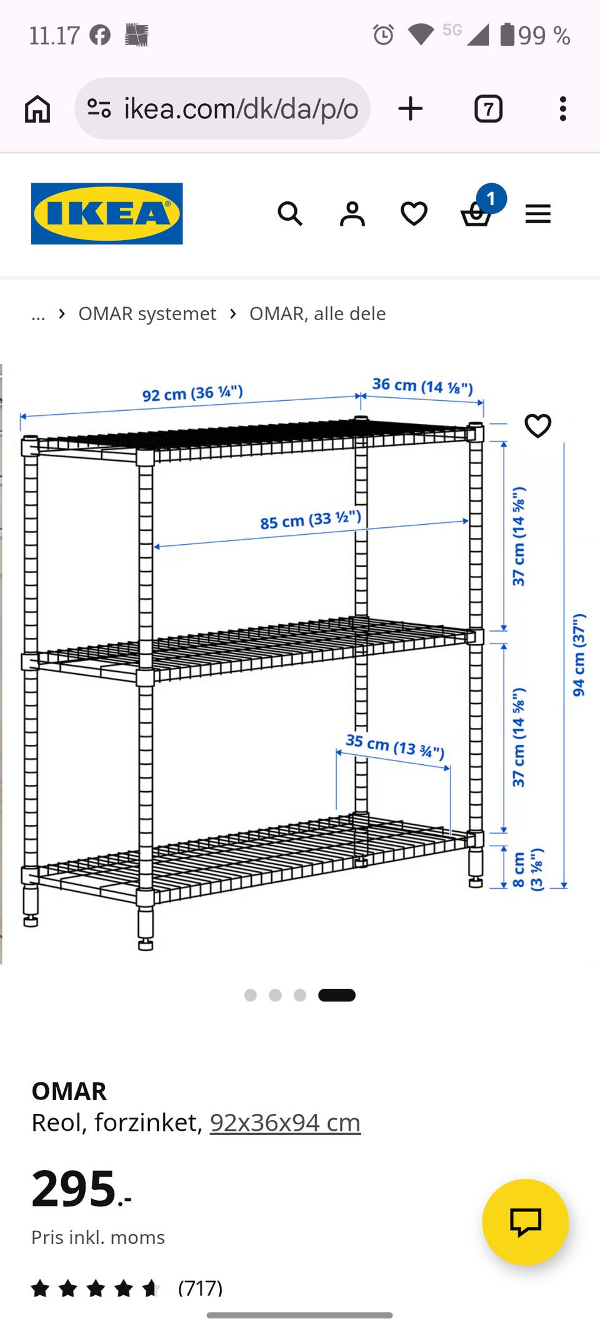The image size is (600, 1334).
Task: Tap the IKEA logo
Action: pyautogui.click(x=107, y=213)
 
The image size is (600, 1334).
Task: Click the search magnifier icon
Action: pyautogui.click(x=290, y=214)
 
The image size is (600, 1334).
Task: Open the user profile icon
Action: pyautogui.click(x=352, y=214)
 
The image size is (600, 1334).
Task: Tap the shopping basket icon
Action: pyautogui.click(x=476, y=215)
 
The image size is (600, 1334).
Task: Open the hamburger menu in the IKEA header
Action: pyautogui.click(x=537, y=214)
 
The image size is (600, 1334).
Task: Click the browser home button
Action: pyautogui.click(x=37, y=109)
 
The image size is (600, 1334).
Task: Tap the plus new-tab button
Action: pyautogui.click(x=411, y=109)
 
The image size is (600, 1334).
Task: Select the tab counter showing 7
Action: pyautogui.click(x=489, y=109)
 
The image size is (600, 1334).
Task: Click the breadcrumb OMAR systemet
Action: pyautogui.click(x=147, y=313)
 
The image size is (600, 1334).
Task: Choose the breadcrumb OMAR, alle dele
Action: pyautogui.click(x=317, y=313)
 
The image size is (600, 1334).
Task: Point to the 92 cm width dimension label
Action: pyautogui.click(x=192, y=393)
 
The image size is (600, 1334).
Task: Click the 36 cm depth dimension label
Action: pyautogui.click(x=422, y=386)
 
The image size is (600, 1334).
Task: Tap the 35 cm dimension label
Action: pyautogui.click(x=395, y=746)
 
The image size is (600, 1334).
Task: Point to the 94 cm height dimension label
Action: pyautogui.click(x=579, y=654)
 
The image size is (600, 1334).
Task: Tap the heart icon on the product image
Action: pyautogui.click(x=537, y=426)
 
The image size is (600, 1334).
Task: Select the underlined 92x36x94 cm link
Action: pyautogui.click(x=285, y=1123)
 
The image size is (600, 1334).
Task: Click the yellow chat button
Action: pyautogui.click(x=526, y=1222)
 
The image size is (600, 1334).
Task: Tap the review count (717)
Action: pyautogui.click(x=200, y=1288)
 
